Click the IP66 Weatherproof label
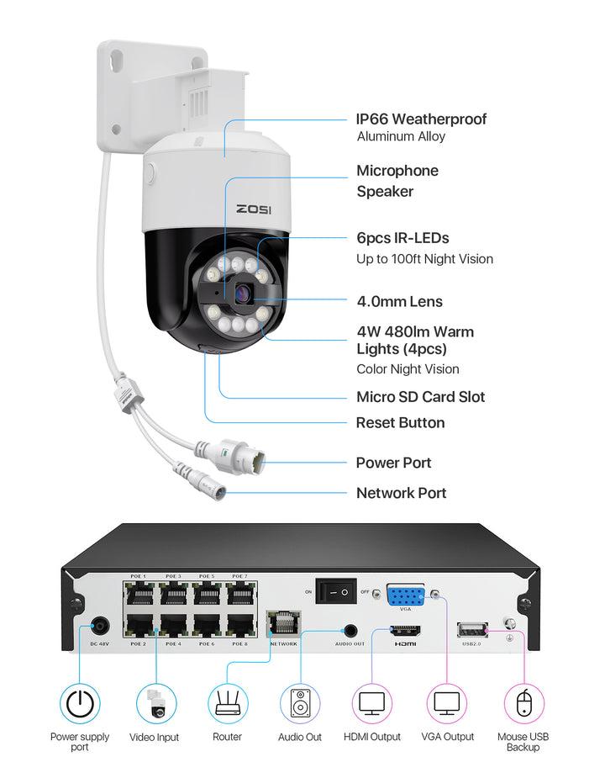tap(421, 119)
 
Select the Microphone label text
tap(397, 171)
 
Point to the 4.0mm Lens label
tap(399, 301)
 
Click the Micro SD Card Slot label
tap(420, 397)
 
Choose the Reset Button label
tap(400, 422)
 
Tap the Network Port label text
tap(401, 493)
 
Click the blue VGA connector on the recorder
tap(406, 596)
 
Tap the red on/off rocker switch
tap(336, 592)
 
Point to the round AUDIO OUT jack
tap(350, 629)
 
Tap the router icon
tap(227, 703)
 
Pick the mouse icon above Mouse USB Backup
tap(524, 703)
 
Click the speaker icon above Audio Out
tap(300, 703)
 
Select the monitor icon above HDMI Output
tap(371, 703)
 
